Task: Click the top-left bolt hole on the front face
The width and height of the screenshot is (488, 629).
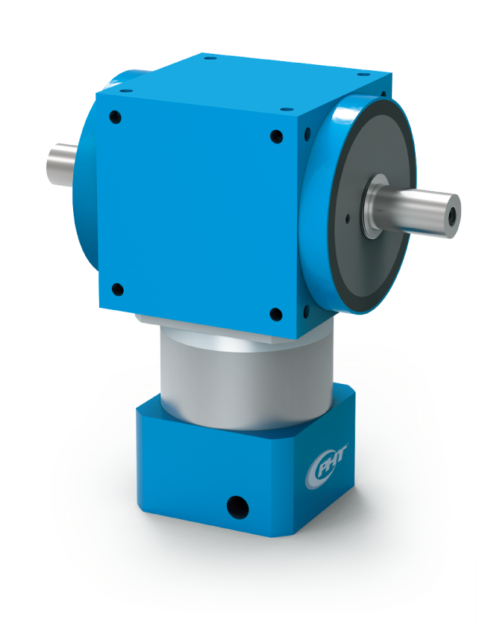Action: (115, 117)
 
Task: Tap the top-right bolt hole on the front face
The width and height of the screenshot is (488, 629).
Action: (276, 137)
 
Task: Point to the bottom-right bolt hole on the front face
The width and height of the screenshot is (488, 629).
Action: (275, 314)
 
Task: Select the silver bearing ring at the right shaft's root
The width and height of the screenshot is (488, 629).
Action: (374, 196)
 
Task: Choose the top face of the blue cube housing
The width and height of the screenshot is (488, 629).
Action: (246, 82)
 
